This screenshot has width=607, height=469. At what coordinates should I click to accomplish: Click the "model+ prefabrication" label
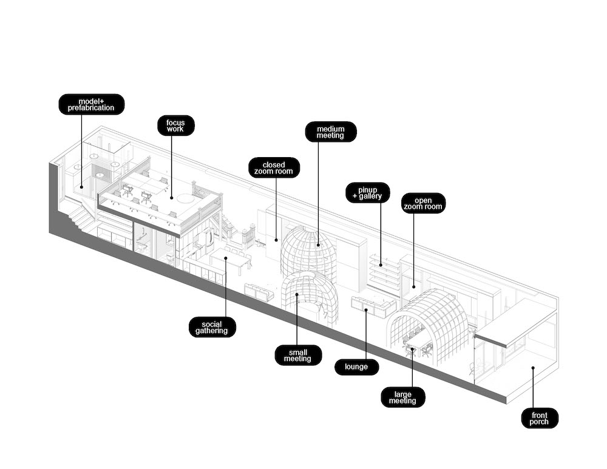click(x=91, y=104)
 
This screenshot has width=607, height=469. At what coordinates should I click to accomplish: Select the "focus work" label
click(x=175, y=126)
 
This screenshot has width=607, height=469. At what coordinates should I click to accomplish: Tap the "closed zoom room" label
click(x=274, y=167)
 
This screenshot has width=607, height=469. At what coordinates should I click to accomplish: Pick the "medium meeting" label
click(x=330, y=132)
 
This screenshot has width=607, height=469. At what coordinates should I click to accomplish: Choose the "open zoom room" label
click(x=423, y=203)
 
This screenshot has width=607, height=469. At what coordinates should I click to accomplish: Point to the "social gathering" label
click(x=212, y=327)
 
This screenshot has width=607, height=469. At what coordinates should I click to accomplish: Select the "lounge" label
click(x=356, y=367)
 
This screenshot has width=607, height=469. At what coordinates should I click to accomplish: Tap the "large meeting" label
click(x=402, y=397)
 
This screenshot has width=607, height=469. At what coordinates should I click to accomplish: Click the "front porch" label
click(x=540, y=418)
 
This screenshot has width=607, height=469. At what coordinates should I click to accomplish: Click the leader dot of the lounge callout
click(x=366, y=311)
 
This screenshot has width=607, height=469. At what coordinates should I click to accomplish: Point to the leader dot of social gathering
click(x=225, y=258)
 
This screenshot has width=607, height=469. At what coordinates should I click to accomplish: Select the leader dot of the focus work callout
click(x=172, y=197)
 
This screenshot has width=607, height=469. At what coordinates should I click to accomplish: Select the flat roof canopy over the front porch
click(x=516, y=322)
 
